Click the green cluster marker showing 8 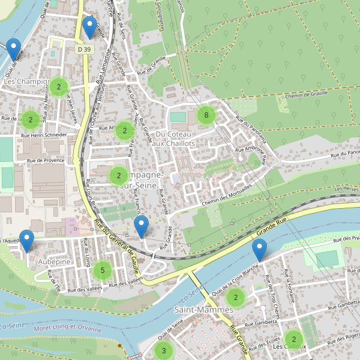pyautogui.click(x=206, y=115)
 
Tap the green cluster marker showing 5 pyautogui.click(x=103, y=271)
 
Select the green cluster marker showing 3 pyautogui.click(x=163, y=350)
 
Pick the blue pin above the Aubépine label pyautogui.click(x=26, y=241)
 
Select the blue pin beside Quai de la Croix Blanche pyautogui.click(x=259, y=250)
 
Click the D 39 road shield pyautogui.click(x=83, y=49)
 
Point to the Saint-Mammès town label pyautogui.click(x=203, y=310)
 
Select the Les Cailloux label pyautogui.click(x=290, y=347)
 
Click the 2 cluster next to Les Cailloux pyautogui.click(x=293, y=339)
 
